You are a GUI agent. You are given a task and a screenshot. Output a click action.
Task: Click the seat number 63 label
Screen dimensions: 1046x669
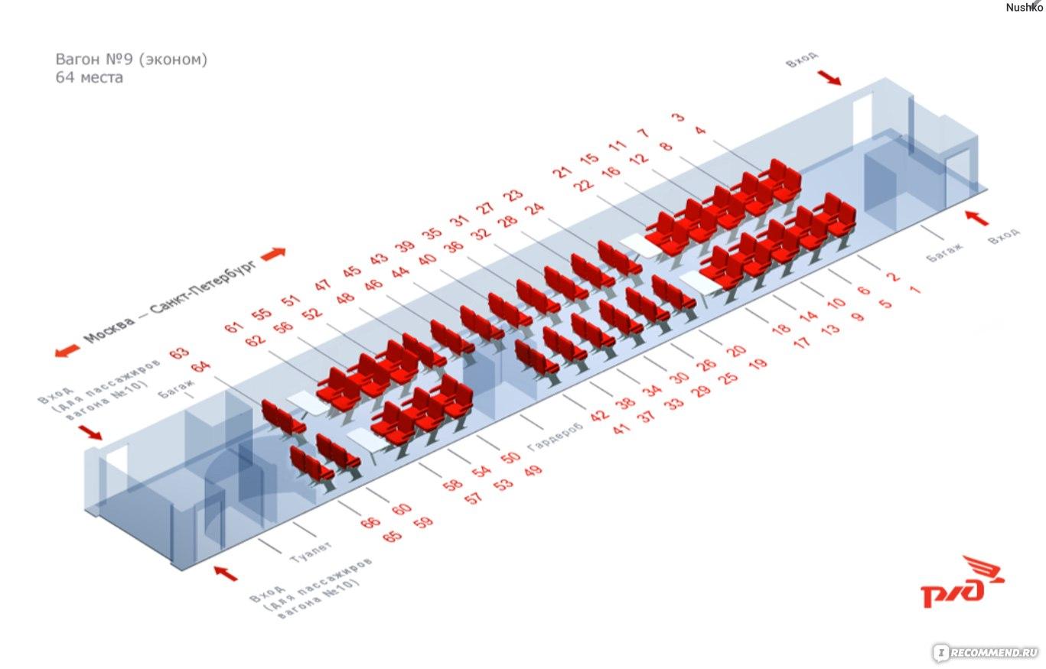[179, 352]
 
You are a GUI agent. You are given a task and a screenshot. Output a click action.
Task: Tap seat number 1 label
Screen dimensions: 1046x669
[915, 290]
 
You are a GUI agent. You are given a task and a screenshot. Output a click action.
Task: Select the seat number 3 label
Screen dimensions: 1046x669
[679, 116]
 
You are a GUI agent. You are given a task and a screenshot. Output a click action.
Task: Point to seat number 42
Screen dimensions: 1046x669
[600, 414]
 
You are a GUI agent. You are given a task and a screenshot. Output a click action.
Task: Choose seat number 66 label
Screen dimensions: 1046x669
[370, 522]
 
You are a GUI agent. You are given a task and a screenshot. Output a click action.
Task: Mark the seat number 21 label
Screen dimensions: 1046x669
[562, 172]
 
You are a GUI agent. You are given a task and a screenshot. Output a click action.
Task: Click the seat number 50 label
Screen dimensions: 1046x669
[510, 457]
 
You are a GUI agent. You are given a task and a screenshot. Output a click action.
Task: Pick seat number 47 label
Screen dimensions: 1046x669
[323, 284]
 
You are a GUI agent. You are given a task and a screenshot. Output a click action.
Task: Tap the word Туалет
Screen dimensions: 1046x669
[311, 552]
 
